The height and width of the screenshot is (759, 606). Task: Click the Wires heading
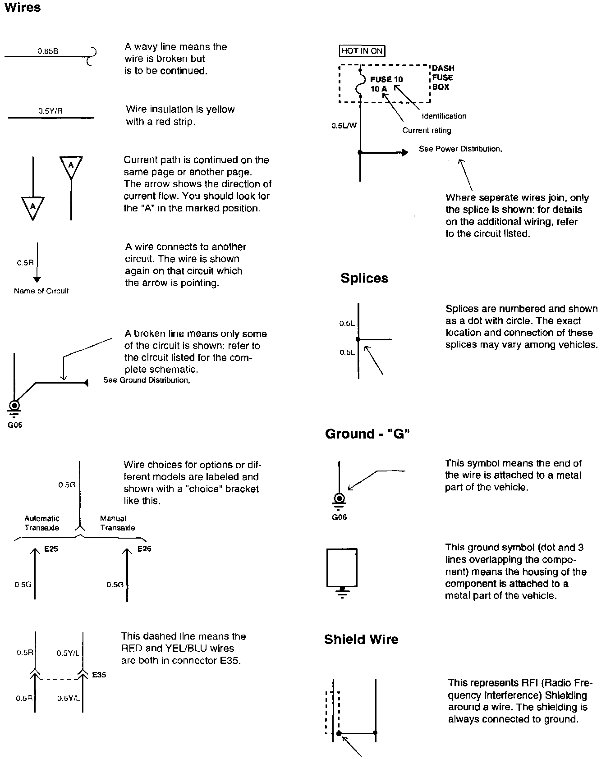pyautogui.click(x=22, y=8)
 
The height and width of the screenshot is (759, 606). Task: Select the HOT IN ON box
pyautogui.click(x=362, y=51)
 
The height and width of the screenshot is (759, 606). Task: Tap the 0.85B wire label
pyautogui.click(x=47, y=51)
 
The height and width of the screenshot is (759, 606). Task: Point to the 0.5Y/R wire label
pyautogui.click(x=50, y=111)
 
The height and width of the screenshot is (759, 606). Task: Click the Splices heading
pyautogui.click(x=364, y=278)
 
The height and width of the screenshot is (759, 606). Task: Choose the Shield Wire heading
pyautogui.click(x=361, y=640)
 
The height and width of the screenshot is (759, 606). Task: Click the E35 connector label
pyautogui.click(x=99, y=675)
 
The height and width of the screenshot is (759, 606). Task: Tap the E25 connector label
pyautogui.click(x=51, y=549)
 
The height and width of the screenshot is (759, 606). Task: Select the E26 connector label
pyautogui.click(x=144, y=549)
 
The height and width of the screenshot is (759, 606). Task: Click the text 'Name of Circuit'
pyautogui.click(x=41, y=291)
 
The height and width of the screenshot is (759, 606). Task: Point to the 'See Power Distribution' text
pyautogui.click(x=460, y=149)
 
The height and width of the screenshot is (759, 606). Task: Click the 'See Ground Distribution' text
pyautogui.click(x=147, y=380)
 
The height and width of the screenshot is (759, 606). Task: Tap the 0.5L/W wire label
pyautogui.click(x=344, y=126)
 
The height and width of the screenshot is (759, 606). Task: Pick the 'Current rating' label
pyautogui.click(x=426, y=130)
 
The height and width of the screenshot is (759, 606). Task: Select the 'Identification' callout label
pyautogui.click(x=444, y=116)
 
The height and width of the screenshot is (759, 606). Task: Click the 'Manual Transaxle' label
pyautogui.click(x=117, y=523)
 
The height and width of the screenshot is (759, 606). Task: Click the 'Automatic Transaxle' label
pyautogui.click(x=42, y=523)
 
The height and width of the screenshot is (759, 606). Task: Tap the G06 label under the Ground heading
pyautogui.click(x=339, y=517)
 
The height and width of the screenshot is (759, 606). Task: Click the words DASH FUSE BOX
pyautogui.click(x=443, y=78)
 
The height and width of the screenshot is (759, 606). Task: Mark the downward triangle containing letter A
pyautogui.click(x=33, y=207)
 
